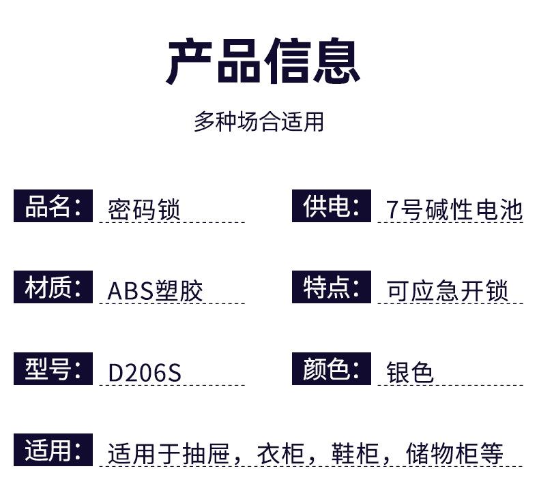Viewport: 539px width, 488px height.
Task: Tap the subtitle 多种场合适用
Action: point(259,122)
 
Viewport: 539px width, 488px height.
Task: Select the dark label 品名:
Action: point(53,206)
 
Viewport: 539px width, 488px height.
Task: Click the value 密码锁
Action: point(144,209)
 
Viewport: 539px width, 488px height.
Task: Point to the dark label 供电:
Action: point(332,206)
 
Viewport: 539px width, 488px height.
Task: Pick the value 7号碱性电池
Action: point(454,209)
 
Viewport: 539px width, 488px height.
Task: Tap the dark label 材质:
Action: point(53,287)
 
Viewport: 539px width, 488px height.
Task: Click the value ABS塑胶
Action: point(156,291)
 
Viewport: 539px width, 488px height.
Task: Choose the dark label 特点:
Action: point(332,287)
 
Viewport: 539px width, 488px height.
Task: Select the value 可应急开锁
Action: point(448,291)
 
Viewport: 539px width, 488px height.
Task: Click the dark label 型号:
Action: point(53,369)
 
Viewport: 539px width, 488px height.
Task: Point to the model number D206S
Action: point(145,373)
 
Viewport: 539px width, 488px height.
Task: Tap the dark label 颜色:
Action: point(332,369)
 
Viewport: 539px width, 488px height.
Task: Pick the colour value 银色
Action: point(410,373)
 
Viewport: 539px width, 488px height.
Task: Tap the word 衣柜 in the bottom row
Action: point(280,454)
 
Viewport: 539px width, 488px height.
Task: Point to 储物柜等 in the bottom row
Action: point(454,454)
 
